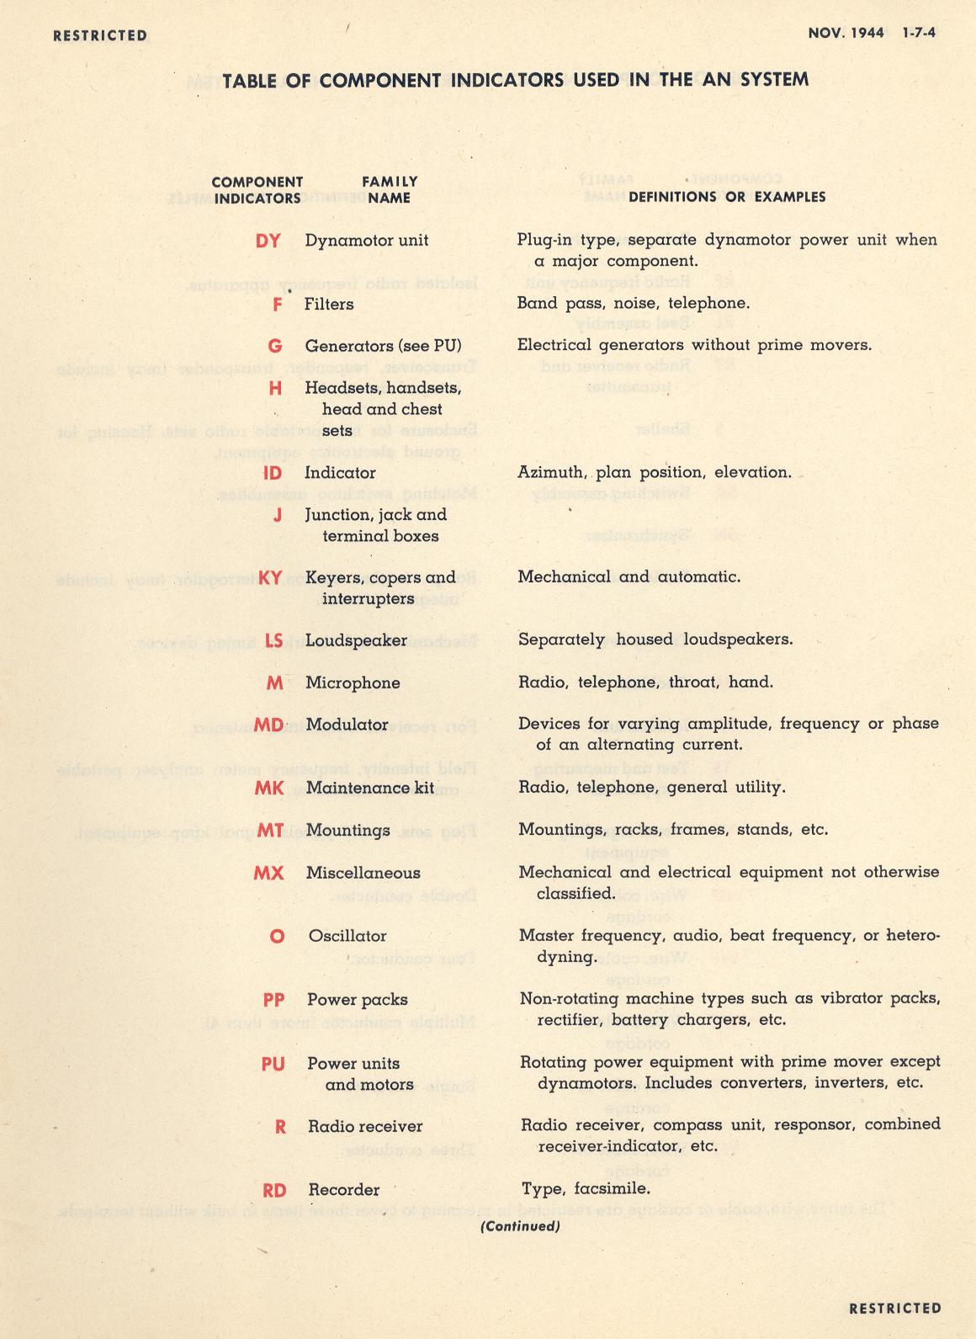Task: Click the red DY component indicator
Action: click(268, 241)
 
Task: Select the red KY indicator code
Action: click(270, 578)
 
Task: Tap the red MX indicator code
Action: click(268, 874)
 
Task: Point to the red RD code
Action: click(274, 1191)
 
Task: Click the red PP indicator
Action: click(273, 1001)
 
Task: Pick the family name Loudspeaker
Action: click(356, 640)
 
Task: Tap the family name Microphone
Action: click(353, 683)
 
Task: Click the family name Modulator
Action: click(347, 725)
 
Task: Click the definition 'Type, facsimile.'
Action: click(586, 1189)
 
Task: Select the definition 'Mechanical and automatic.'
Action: click(629, 577)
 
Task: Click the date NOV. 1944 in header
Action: click(846, 34)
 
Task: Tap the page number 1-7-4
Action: click(920, 34)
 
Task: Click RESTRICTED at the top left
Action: click(99, 35)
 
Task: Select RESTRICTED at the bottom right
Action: click(895, 1308)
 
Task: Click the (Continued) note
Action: click(520, 1226)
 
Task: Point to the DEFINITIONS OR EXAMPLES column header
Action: click(727, 197)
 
